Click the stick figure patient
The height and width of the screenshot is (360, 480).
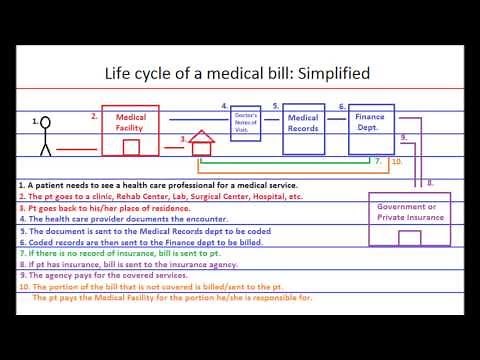[44, 138]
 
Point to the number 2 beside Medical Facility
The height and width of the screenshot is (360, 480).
[94, 116]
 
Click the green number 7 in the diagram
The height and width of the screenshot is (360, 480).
[378, 160]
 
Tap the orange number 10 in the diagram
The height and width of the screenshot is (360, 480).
[397, 160]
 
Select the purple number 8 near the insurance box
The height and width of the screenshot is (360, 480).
[429, 183]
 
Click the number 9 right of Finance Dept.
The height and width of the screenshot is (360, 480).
[403, 136]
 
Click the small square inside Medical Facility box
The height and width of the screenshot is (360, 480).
[131, 147]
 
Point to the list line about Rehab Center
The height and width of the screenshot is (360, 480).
[160, 198]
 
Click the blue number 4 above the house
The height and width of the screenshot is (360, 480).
[224, 105]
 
